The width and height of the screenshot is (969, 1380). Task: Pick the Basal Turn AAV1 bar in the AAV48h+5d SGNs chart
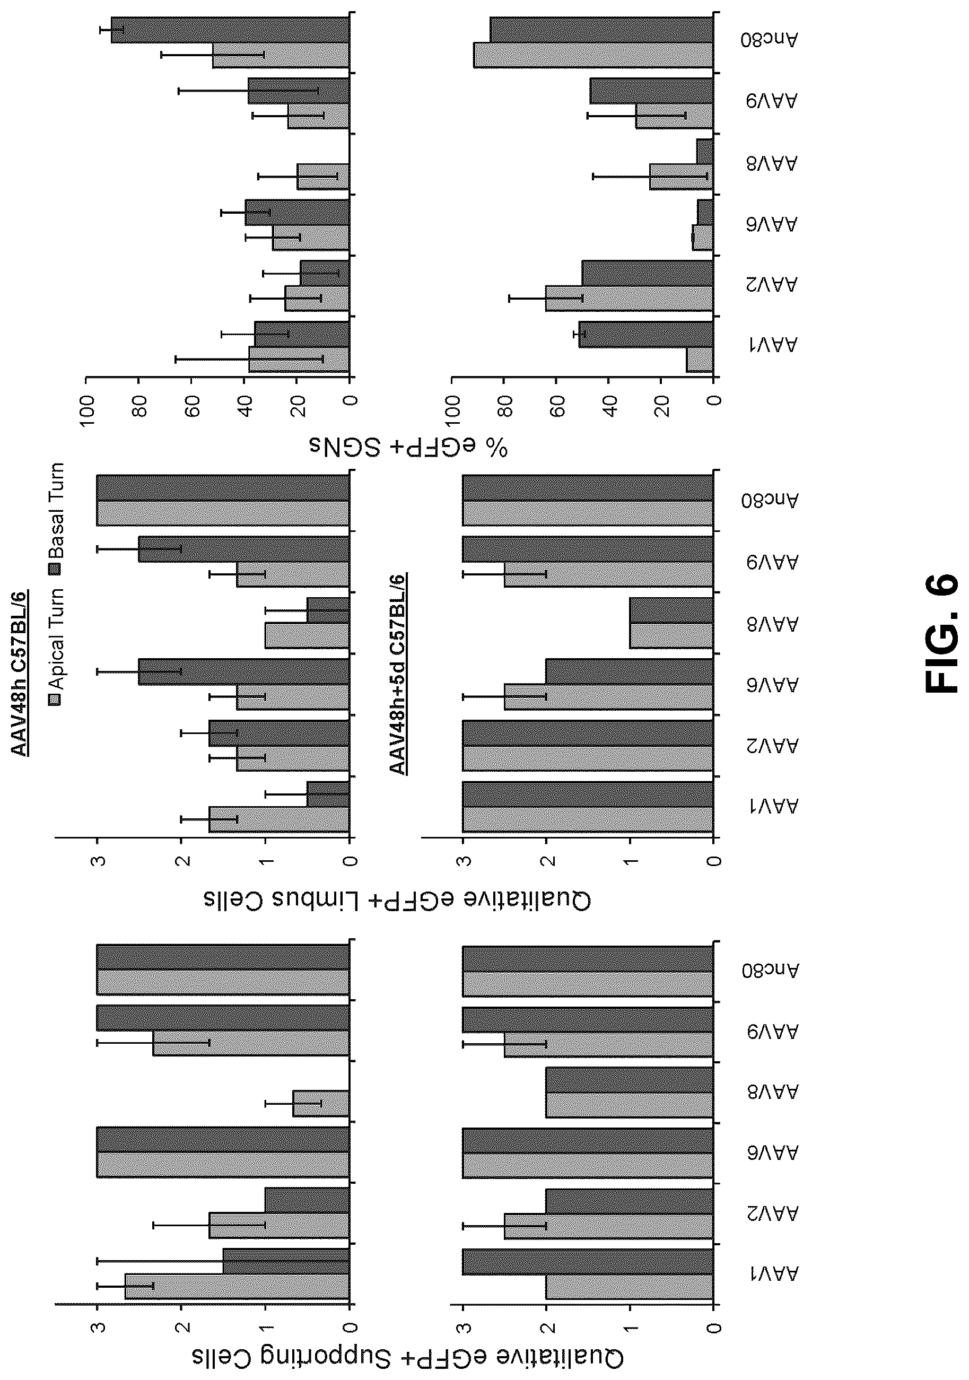tap(646, 334)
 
